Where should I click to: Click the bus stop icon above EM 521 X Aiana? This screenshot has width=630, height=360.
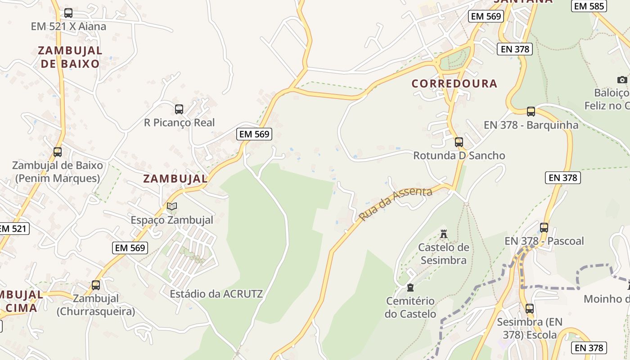coord(68,13)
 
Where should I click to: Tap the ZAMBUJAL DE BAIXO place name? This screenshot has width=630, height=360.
coord(70,57)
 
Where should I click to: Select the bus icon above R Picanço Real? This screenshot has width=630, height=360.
coord(179,109)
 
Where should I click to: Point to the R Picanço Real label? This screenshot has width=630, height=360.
coord(179,122)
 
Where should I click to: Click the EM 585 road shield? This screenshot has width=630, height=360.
coord(589,6)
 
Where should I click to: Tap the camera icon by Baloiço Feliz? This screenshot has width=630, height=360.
coord(622,80)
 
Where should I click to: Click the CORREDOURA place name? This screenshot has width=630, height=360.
coord(454,84)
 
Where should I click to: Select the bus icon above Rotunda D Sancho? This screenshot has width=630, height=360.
coord(459,142)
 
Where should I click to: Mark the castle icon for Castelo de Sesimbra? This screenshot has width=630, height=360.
coord(444,234)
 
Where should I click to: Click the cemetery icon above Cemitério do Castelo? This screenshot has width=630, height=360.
coord(410,288)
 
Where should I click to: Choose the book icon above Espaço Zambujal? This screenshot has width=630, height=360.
coord(171,207)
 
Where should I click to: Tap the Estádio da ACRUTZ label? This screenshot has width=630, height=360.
coord(216,294)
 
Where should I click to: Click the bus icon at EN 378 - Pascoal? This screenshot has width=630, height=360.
coord(544,228)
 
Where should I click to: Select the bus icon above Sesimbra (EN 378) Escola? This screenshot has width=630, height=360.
coord(530,309)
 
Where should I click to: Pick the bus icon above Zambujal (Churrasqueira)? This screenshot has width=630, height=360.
coord(95,285)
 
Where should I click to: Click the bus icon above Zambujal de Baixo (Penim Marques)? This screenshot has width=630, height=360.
coord(58,152)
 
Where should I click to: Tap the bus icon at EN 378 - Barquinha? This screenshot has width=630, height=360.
coord(531,112)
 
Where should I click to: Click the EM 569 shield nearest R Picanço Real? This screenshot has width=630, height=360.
coord(254,134)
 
